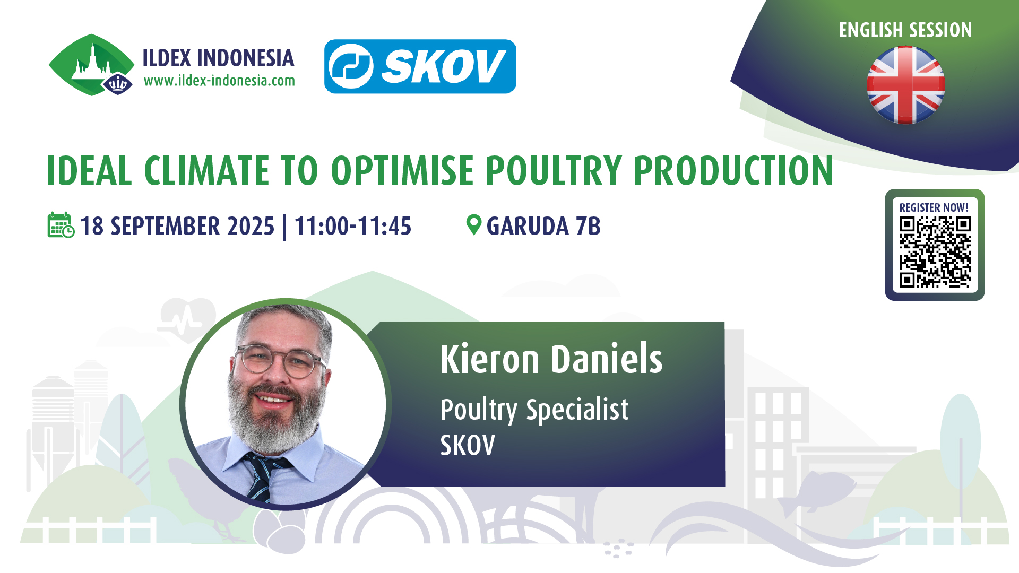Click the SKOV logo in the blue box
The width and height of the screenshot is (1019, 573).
(x=420, y=66)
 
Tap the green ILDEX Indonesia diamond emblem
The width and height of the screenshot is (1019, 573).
(x=91, y=65)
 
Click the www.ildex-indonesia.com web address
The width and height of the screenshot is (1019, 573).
(x=219, y=81)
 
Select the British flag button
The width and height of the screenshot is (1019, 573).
(x=905, y=85)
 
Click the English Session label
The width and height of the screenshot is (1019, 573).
(x=905, y=30)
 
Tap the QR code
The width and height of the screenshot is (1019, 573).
(x=935, y=252)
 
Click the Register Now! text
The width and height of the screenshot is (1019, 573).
(x=934, y=207)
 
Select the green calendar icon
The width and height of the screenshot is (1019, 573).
(x=61, y=225)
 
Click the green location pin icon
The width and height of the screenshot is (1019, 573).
(x=473, y=224)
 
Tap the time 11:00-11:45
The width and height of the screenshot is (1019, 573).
(x=353, y=226)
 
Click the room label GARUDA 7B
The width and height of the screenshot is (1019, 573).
(x=543, y=226)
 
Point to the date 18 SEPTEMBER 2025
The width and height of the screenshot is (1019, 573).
(x=177, y=226)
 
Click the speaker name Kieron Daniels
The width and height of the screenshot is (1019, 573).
(x=551, y=359)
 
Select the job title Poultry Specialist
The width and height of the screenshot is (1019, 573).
(x=534, y=410)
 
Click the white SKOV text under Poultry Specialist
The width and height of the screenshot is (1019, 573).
(x=468, y=445)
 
